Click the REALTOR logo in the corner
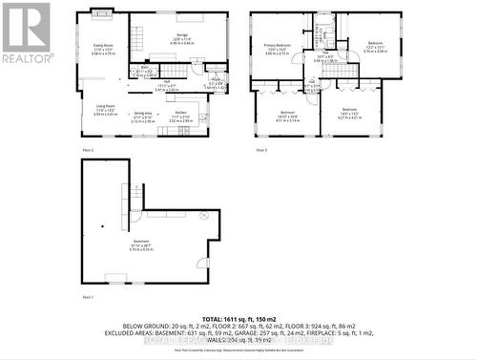point(26,32)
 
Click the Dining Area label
point(143,119)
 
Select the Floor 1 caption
point(87,299)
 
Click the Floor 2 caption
point(87,151)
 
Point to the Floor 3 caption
point(261,151)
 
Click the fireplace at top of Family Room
point(100,14)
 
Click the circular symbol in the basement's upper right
point(202,216)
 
